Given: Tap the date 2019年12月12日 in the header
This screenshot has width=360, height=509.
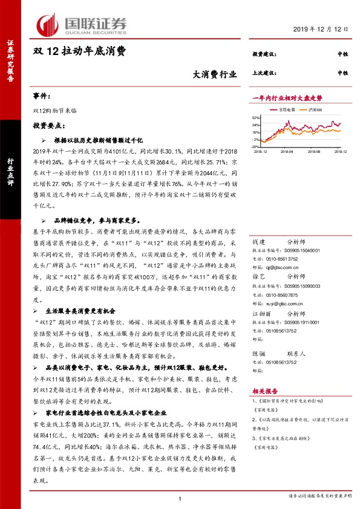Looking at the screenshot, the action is [x=323, y=30].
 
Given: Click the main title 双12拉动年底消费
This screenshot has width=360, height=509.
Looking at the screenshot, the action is [x=79, y=52].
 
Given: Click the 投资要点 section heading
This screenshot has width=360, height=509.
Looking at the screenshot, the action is [x=49, y=125].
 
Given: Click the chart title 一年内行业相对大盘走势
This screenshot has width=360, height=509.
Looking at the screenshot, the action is [x=287, y=98].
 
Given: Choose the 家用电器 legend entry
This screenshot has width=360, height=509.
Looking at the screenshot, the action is [x=287, y=110].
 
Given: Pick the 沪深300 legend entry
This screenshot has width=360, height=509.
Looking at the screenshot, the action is [x=315, y=110].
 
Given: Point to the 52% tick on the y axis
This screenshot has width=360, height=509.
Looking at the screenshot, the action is [x=256, y=118].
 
